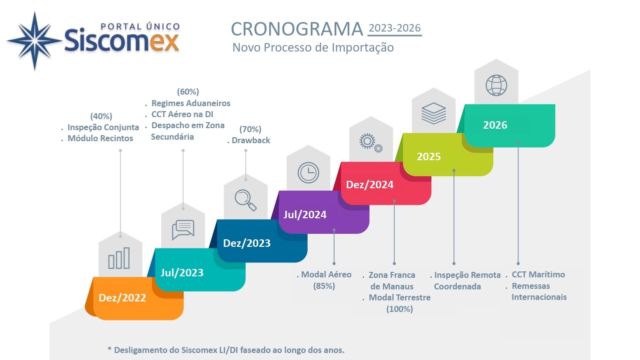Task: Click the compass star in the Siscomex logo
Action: (35, 41)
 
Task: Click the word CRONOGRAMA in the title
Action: (297, 29)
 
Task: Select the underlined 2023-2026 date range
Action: (395, 28)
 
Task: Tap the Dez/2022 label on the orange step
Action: (122, 298)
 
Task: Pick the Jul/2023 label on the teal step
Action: (182, 272)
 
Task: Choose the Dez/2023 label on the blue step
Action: (247, 243)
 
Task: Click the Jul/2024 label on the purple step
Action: (305, 214)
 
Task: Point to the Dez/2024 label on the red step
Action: (370, 185)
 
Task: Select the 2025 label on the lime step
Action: (428, 156)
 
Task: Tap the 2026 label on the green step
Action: (495, 125)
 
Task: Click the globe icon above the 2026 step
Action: (496, 85)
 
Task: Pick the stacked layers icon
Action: (433, 113)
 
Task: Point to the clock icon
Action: (308, 173)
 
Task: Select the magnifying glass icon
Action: (245, 200)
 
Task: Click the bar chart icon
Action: (119, 258)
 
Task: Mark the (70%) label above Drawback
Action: (250, 129)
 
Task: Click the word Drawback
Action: (251, 140)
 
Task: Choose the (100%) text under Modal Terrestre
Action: (399, 309)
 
